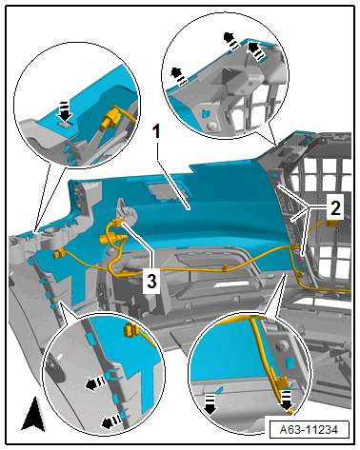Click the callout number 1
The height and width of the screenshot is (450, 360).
[156, 131]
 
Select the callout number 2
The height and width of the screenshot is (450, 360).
[335, 208]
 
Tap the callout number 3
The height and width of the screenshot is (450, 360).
[151, 281]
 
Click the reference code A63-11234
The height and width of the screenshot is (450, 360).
[309, 430]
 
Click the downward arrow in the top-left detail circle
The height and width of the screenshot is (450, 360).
[65, 112]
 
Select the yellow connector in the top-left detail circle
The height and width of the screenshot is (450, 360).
[110, 119]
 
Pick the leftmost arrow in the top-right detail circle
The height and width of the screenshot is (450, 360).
[178, 77]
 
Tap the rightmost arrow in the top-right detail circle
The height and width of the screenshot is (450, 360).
[256, 50]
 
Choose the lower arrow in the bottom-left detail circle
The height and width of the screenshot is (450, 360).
[111, 421]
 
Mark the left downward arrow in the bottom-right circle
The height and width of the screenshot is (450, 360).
[210, 404]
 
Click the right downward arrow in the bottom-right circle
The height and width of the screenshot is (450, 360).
[287, 401]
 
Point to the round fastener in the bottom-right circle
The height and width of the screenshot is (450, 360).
[281, 343]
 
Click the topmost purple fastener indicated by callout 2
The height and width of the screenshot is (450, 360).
[278, 184]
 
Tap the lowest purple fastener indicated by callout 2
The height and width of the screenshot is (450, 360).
[302, 260]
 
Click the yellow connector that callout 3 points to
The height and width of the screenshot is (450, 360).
[117, 223]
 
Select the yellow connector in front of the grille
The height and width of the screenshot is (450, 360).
[331, 224]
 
